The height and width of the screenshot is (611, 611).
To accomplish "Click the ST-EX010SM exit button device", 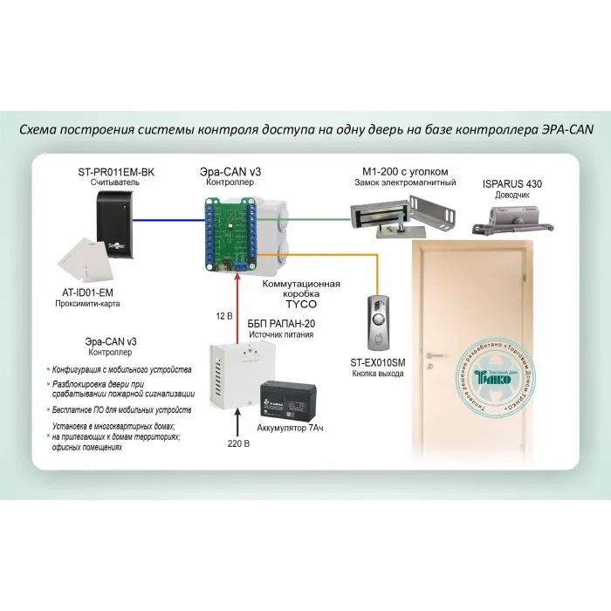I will point(377,324).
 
